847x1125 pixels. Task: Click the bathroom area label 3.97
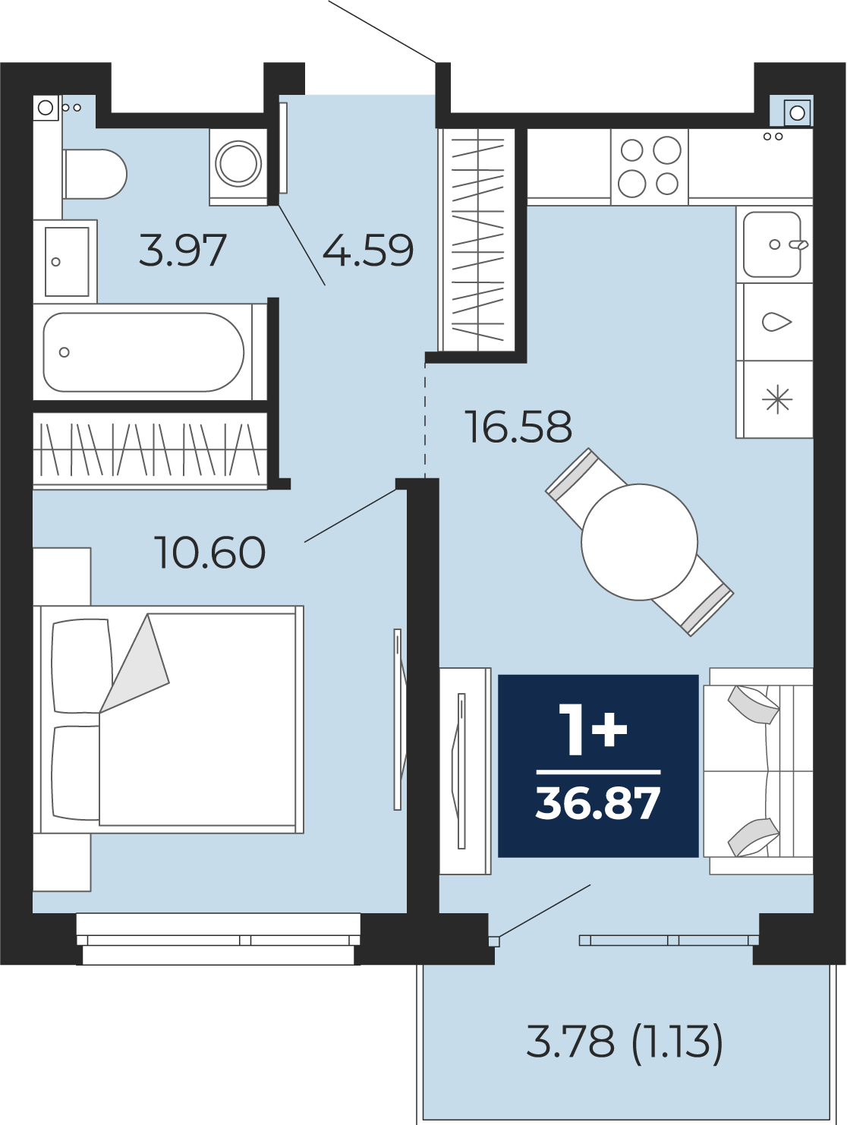pyautogui.click(x=182, y=250)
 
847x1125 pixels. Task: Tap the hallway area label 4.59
pyautogui.click(x=367, y=250)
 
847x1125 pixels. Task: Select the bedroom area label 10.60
pyautogui.click(x=209, y=552)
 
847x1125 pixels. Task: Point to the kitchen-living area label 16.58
pyautogui.click(x=518, y=427)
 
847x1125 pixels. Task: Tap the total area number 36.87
pyautogui.click(x=597, y=804)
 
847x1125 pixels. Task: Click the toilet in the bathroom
pyautogui.click(x=95, y=175)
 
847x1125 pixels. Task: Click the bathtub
pyautogui.click(x=143, y=352)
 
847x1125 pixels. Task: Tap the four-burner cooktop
pyautogui.click(x=649, y=167)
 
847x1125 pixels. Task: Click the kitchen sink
pyautogui.click(x=772, y=244)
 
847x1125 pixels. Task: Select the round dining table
pyautogui.click(x=639, y=542)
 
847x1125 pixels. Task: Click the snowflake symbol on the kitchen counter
pyautogui.click(x=777, y=400)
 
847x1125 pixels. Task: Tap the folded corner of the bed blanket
pyautogui.click(x=134, y=663)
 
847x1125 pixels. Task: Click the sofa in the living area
pyautogui.click(x=758, y=770)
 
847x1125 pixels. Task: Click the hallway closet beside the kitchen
pyautogui.click(x=477, y=240)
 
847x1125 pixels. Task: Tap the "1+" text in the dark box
pyautogui.click(x=593, y=729)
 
